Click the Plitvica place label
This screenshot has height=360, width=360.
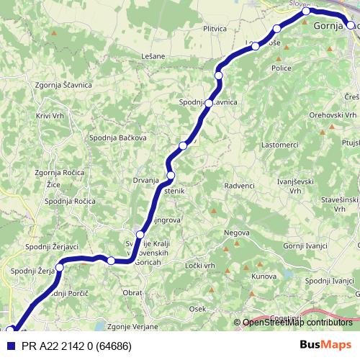pos(215,29)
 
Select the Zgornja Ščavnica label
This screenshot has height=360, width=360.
pos(63,85)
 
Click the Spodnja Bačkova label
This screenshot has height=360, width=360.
pos(118,138)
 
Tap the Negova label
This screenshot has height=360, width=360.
pos(236,233)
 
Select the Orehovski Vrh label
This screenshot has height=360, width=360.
pos(333,114)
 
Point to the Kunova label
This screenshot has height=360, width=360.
pos(264,276)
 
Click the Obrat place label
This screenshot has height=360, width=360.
pos(132,293)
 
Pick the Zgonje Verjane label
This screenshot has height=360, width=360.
pos(132,326)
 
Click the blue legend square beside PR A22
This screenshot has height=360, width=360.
pos(10,345)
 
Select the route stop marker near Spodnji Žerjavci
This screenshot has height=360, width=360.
pos(59,267)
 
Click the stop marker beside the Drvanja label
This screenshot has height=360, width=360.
pos(171,176)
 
